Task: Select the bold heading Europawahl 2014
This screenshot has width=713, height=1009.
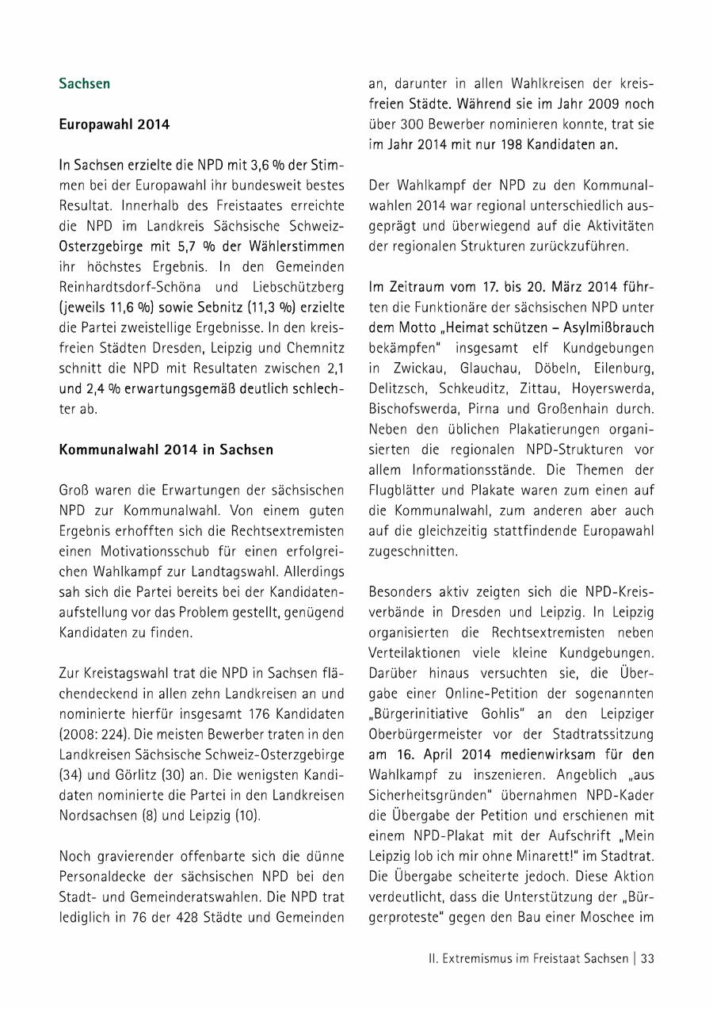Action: click(114, 124)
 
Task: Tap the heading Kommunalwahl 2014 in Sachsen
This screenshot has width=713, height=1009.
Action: click(166, 449)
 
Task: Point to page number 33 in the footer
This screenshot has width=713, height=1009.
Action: click(647, 957)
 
